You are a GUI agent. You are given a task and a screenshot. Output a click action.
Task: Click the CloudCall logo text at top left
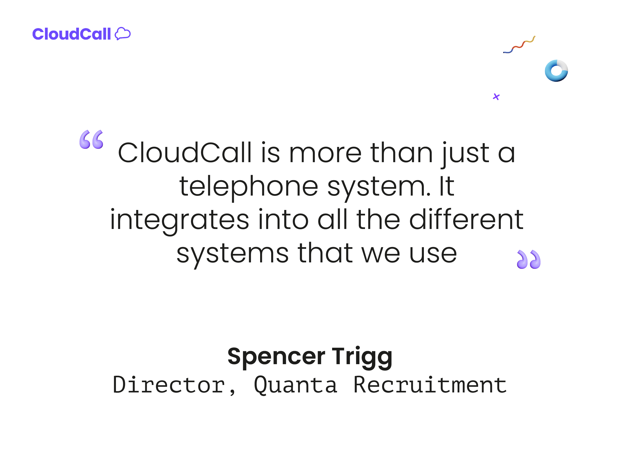pyautogui.click(x=72, y=34)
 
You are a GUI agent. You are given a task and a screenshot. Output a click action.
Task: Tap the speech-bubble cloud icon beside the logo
pyautogui.click(x=123, y=34)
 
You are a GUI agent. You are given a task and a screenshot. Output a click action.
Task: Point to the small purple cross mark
pyautogui.click(x=496, y=97)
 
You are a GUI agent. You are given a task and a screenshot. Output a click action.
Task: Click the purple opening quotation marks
pyautogui.click(x=91, y=140)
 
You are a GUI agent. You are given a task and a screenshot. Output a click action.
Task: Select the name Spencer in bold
pyautogui.click(x=276, y=357)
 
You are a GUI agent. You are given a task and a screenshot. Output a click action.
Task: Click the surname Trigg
pyautogui.click(x=362, y=357)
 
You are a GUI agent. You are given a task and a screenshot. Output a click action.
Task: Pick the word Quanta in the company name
pyautogui.click(x=296, y=385)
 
